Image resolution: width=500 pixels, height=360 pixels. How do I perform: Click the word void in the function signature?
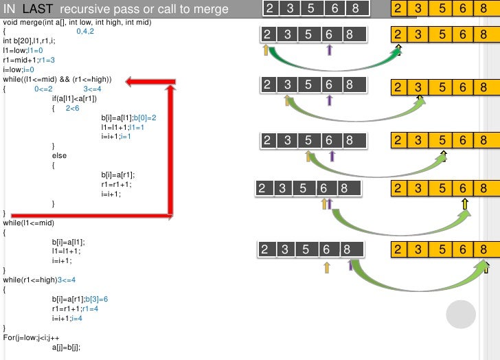10,23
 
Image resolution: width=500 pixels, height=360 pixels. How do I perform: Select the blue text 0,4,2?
85,32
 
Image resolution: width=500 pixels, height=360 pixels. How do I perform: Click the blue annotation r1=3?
47,60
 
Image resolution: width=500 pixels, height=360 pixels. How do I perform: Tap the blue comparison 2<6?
72,109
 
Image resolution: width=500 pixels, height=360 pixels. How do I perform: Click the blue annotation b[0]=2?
145,117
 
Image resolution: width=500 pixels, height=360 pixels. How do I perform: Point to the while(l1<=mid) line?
28,223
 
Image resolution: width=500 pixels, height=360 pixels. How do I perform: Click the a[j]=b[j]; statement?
66,347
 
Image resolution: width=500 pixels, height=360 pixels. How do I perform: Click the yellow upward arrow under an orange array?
465,203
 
